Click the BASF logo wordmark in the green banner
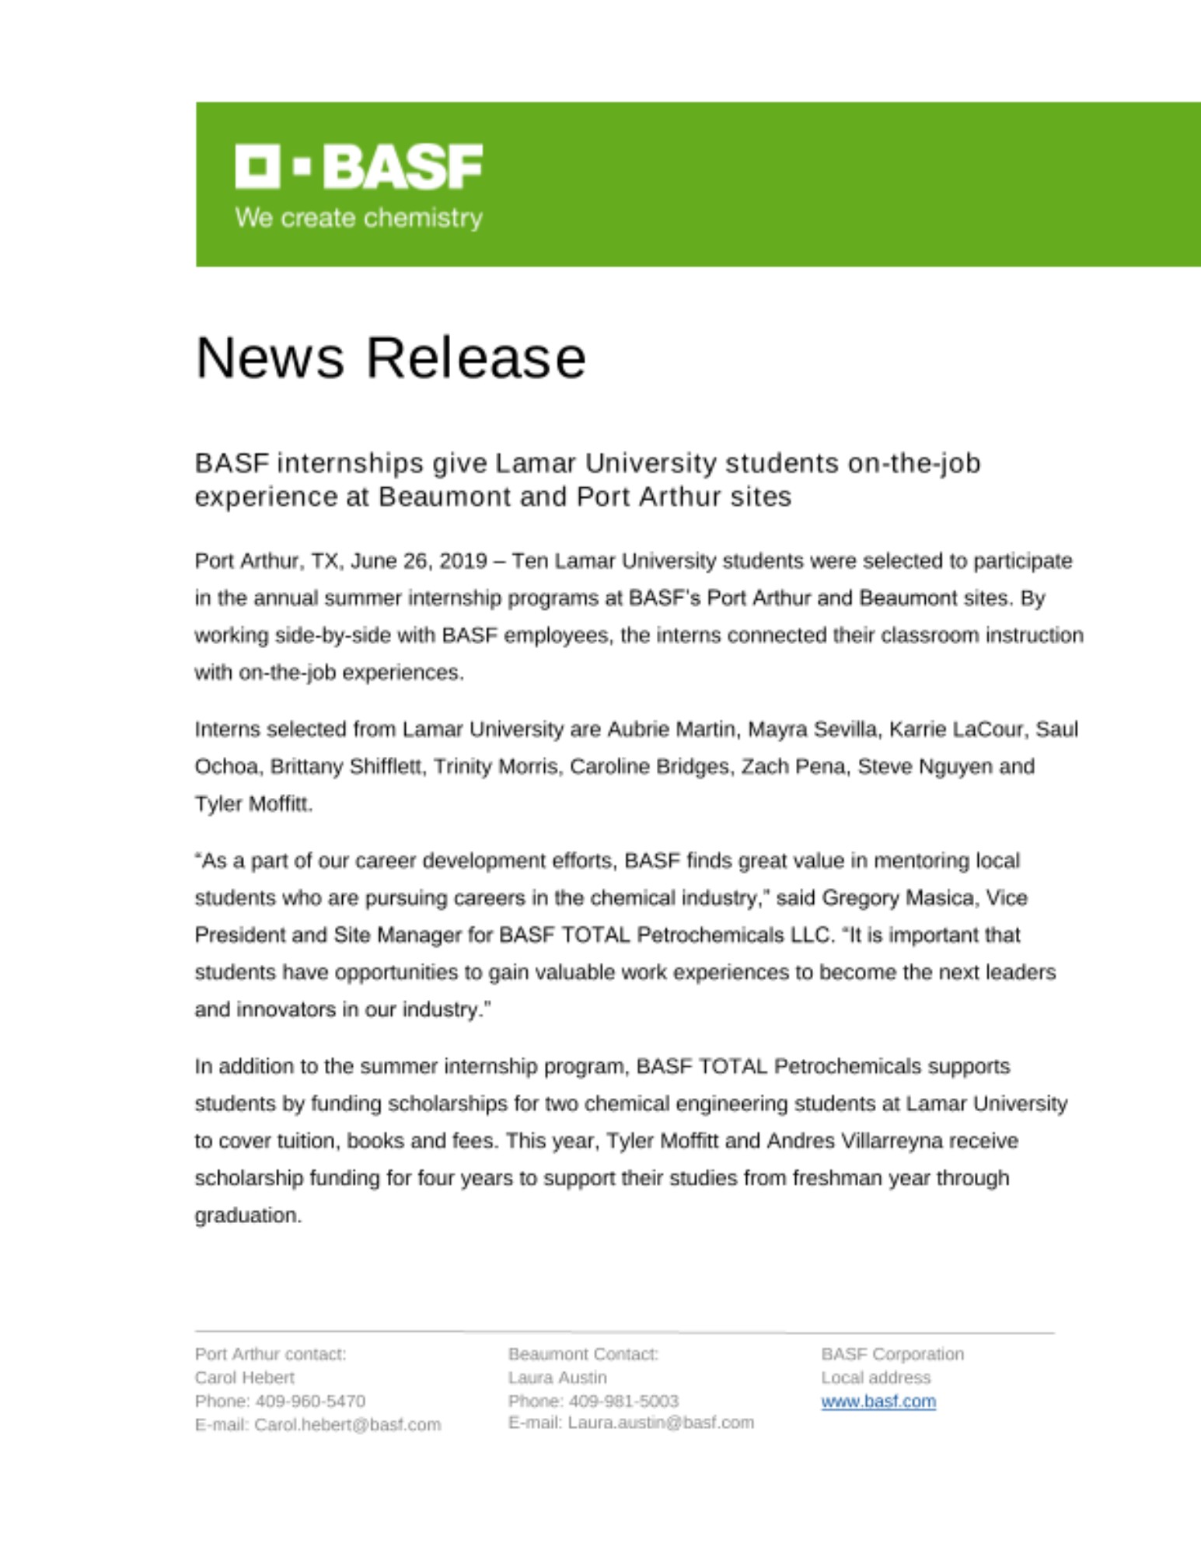(x=358, y=166)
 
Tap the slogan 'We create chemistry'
(x=358, y=218)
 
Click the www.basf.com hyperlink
(x=878, y=1402)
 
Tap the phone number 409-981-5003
(x=623, y=1401)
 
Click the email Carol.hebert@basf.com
(x=347, y=1425)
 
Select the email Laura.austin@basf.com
(x=661, y=1423)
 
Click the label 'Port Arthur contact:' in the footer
(x=271, y=1354)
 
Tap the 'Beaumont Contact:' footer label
(x=583, y=1354)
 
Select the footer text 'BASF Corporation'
(x=892, y=1354)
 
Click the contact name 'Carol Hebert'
(x=244, y=1378)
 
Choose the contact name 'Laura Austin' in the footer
(x=557, y=1378)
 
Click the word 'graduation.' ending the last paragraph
(x=248, y=1215)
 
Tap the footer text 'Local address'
(x=875, y=1378)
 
